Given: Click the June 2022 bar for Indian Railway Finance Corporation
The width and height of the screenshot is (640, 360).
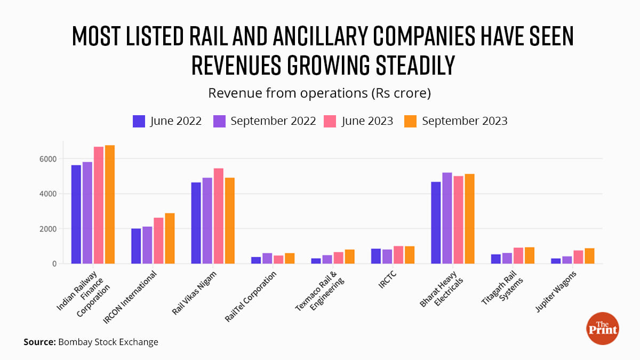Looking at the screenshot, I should click(76, 214).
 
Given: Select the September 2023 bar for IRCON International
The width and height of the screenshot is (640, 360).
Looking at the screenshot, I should click(170, 238).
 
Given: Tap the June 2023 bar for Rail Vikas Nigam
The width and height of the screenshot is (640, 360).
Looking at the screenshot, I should click(218, 216).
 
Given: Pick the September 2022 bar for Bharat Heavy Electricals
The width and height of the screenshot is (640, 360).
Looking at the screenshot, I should click(447, 218).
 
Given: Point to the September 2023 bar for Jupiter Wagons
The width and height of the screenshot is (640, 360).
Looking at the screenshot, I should click(589, 256).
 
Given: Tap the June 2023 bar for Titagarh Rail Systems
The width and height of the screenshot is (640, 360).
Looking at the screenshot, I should click(518, 255).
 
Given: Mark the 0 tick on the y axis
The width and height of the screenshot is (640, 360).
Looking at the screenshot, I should click(53, 264).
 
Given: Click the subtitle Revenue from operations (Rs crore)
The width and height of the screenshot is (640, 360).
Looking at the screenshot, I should click(319, 93).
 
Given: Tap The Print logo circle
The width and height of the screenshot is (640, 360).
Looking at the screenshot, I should click(602, 328).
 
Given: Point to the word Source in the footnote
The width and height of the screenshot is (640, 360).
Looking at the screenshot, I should click(38, 342).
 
